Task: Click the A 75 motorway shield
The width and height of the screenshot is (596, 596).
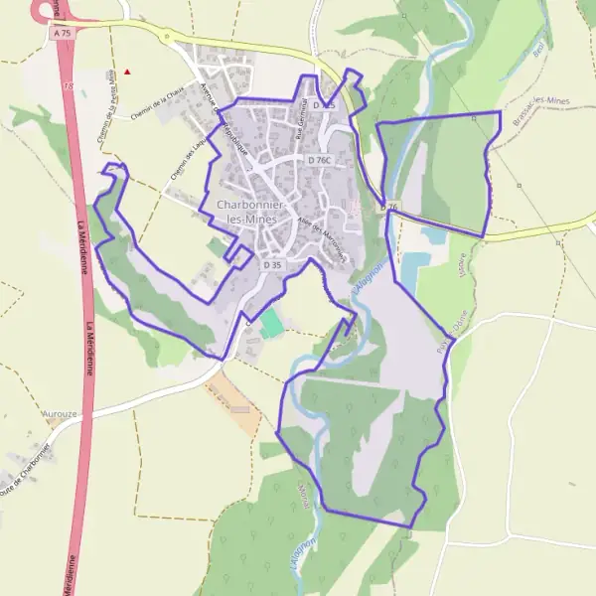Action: [64, 32]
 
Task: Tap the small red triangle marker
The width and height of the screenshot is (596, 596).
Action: [127, 72]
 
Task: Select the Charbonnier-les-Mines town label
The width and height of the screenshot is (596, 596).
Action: [250, 211]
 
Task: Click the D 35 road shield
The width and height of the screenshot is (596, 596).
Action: [274, 266]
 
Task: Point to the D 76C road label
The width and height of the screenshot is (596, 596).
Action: [319, 159]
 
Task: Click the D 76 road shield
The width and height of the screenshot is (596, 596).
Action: [390, 207]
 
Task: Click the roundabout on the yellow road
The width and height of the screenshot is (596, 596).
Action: [168, 37]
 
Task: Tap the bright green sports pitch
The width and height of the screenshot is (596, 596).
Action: [270, 323]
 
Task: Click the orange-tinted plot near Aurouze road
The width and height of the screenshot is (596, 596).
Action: [235, 403]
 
